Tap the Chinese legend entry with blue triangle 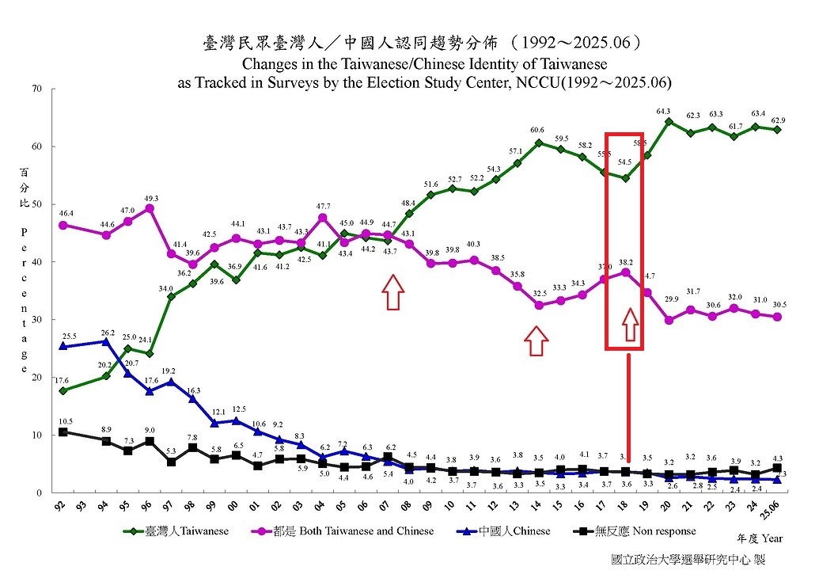(x=507, y=530)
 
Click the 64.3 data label (x=663, y=111)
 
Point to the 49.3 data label (x=150, y=198)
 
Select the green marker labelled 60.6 (x=539, y=143)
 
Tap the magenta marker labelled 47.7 (x=323, y=217)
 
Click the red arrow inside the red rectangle (x=630, y=325)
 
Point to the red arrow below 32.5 (x=537, y=341)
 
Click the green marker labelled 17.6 (x=63, y=390)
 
